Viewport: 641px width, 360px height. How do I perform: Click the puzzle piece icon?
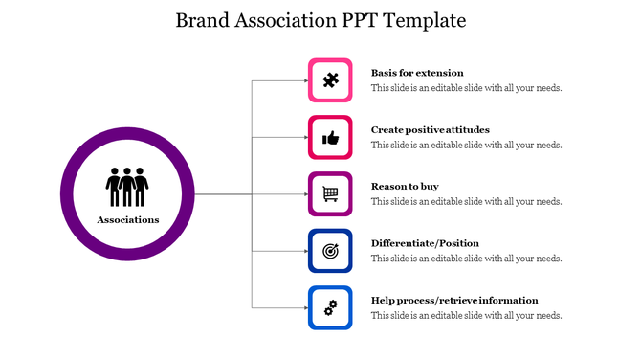point(330,80)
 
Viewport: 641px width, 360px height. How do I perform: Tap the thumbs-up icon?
point(330,138)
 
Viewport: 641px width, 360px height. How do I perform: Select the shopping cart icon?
point(330,194)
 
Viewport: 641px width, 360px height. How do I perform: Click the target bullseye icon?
point(330,251)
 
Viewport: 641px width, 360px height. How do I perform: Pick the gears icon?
point(330,307)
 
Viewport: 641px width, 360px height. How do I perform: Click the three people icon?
point(127,187)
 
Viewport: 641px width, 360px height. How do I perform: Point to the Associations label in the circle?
point(127,220)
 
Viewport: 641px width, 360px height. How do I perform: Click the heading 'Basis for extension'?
point(417,73)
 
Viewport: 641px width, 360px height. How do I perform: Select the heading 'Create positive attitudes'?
point(430,129)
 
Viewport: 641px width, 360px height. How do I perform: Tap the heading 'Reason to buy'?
point(405,186)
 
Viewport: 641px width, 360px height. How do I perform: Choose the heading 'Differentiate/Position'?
point(425,243)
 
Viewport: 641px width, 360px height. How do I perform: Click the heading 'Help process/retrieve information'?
point(454,300)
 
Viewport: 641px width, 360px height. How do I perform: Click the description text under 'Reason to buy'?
point(466,202)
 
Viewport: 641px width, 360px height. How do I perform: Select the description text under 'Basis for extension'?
point(466,88)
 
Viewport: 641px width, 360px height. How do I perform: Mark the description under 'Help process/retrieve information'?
point(466,315)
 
